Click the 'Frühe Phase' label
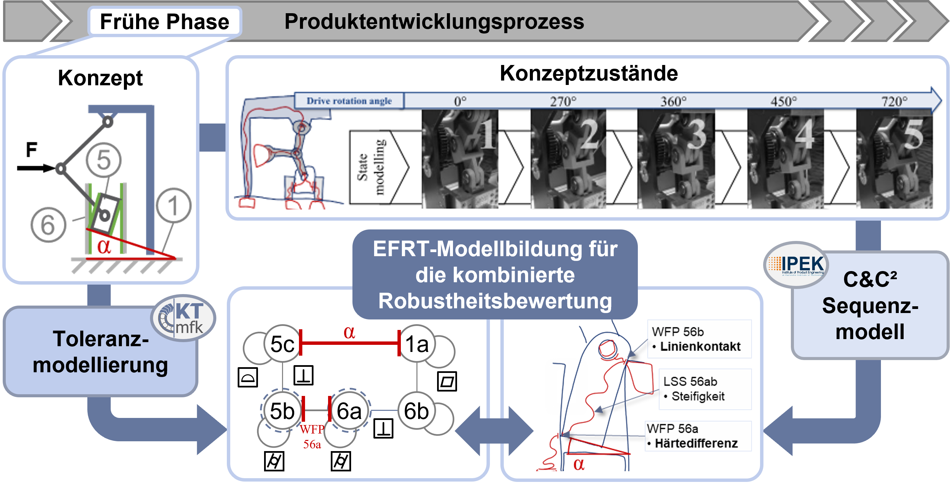[x=165, y=22]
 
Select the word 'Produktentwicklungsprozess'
[x=434, y=22]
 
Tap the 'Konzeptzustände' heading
[x=588, y=73]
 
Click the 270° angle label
[x=563, y=101]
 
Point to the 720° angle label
[x=894, y=101]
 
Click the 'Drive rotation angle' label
[x=349, y=101]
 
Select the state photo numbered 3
[x=676, y=158]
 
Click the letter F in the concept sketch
[x=31, y=150]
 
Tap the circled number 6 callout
[x=48, y=225]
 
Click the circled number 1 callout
[x=173, y=205]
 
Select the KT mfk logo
[x=183, y=318]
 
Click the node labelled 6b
[x=416, y=411]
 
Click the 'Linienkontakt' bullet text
[x=699, y=347]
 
